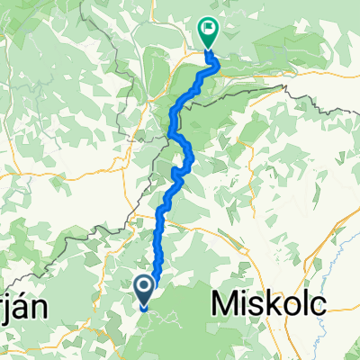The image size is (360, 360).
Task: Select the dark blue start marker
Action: [x=144, y=288]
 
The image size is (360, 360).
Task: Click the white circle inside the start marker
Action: [x=144, y=286]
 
